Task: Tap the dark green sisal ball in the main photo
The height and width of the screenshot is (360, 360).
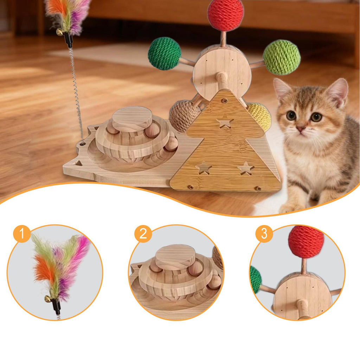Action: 165,53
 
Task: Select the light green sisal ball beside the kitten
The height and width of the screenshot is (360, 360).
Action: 282,57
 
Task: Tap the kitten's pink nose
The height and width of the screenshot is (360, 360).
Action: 301,128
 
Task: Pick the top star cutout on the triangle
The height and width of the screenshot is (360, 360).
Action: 225,121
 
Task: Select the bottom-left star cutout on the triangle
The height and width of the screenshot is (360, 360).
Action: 204,168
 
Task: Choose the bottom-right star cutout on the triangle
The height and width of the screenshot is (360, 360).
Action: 246,168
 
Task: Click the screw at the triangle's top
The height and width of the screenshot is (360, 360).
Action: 225,101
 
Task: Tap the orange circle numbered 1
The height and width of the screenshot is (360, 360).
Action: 22,234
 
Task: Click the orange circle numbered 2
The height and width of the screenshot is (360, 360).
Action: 143,234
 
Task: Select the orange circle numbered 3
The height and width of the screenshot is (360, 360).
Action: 264,234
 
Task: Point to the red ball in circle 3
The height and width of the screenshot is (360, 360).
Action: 306,242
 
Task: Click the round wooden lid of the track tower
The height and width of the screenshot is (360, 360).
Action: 132,118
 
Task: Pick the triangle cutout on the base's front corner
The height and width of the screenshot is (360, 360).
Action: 79,163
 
